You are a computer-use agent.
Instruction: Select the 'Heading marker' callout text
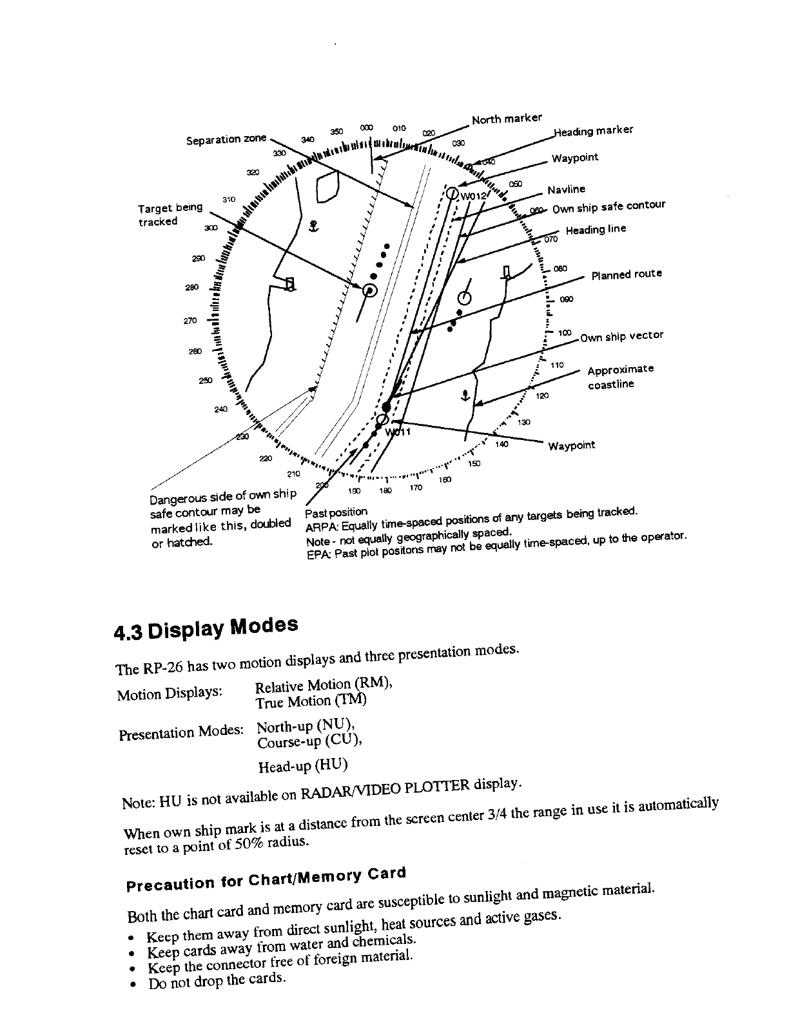(x=594, y=131)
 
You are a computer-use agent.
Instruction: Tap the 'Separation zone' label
(x=226, y=139)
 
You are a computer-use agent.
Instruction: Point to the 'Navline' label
(x=566, y=189)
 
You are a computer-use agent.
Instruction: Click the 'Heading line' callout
(x=596, y=230)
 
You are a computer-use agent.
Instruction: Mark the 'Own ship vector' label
(x=621, y=336)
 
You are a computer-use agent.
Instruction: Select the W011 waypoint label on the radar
(x=401, y=432)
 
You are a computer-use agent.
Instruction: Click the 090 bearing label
(x=567, y=299)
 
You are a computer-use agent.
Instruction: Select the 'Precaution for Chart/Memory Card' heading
(x=266, y=878)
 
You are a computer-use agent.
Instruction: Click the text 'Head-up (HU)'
(x=302, y=766)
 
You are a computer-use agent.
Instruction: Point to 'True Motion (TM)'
(x=311, y=701)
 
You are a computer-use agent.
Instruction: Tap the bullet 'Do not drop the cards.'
(x=216, y=980)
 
